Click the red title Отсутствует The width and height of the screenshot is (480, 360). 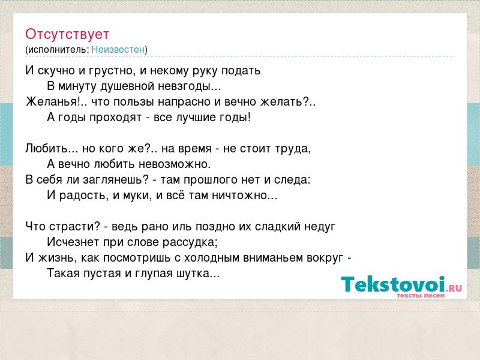tap(67, 34)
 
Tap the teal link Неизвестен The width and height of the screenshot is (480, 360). tap(118, 49)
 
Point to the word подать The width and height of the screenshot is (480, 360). tap(241, 71)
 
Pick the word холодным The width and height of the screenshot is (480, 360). tap(211, 258)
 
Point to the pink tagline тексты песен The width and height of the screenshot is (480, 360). tap(421, 296)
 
